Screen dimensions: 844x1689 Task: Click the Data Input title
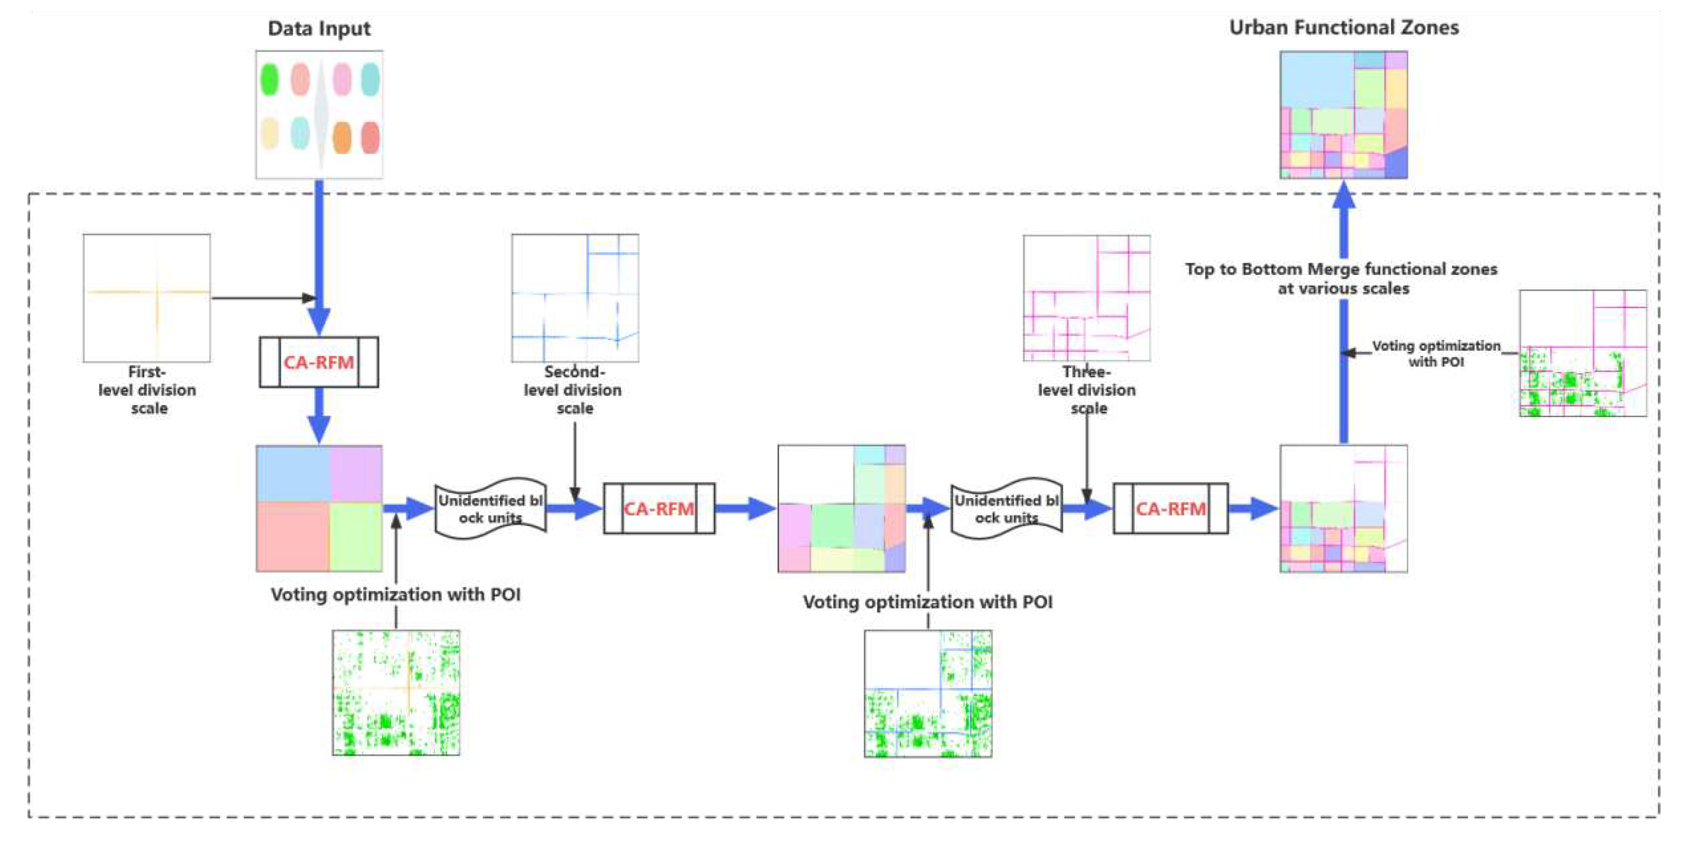[x=319, y=28]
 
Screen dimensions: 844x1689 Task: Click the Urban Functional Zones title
[x=1343, y=27]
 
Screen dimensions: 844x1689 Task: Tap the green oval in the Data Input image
[x=269, y=79]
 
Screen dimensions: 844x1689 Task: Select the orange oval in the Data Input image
[x=341, y=138]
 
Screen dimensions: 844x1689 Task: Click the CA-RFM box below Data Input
[x=319, y=362]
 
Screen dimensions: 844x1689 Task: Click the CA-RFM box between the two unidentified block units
[x=659, y=509]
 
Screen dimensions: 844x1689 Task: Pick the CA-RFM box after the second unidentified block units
[x=1170, y=509]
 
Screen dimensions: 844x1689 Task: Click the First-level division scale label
[x=147, y=390]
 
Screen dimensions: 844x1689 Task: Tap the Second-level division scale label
[x=573, y=390]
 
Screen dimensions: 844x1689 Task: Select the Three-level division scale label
[x=1086, y=390]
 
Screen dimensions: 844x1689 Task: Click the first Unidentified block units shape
[x=490, y=509]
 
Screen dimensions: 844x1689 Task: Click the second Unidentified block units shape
[x=1006, y=509]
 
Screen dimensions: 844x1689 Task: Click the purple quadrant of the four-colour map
[x=356, y=473]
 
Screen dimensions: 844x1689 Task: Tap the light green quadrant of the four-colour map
[x=356, y=537]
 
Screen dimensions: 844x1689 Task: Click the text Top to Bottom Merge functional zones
[x=1341, y=269]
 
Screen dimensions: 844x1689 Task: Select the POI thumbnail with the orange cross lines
[x=396, y=693]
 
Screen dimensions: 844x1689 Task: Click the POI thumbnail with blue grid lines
[x=928, y=694]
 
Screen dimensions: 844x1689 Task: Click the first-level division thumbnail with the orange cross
[x=147, y=298]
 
